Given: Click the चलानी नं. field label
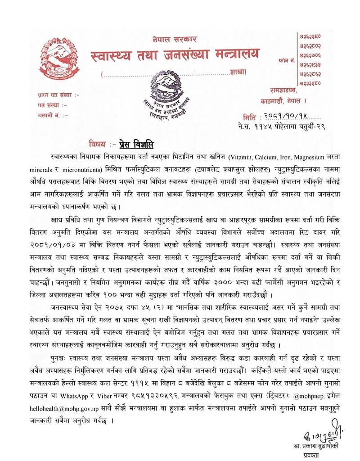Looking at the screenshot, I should pos(50,115).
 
